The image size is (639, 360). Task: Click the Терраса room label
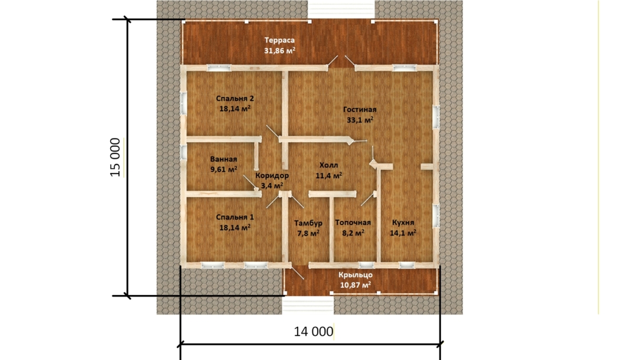click(x=279, y=40)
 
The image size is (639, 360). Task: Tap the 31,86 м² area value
click(x=279, y=51)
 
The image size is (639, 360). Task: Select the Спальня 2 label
click(x=235, y=99)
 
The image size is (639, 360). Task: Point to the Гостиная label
click(x=360, y=110)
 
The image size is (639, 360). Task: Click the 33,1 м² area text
click(x=360, y=120)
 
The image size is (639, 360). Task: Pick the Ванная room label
click(x=224, y=159)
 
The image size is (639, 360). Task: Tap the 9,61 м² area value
click(x=224, y=169)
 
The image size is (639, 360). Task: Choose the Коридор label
click(x=272, y=176)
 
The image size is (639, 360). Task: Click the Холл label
click(x=328, y=165)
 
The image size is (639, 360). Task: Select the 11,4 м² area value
click(x=328, y=176)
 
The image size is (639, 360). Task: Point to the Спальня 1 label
click(x=235, y=217)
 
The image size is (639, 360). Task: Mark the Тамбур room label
click(x=308, y=223)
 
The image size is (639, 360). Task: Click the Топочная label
click(x=353, y=223)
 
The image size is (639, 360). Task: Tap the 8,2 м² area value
click(x=353, y=233)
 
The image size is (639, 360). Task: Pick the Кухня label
click(x=403, y=223)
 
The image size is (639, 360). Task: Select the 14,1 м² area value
click(x=403, y=233)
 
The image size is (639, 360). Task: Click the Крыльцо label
click(x=356, y=275)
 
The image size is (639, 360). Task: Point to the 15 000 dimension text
click(x=116, y=157)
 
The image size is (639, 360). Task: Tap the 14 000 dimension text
click(x=314, y=332)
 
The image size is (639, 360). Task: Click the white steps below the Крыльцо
click(x=308, y=305)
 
